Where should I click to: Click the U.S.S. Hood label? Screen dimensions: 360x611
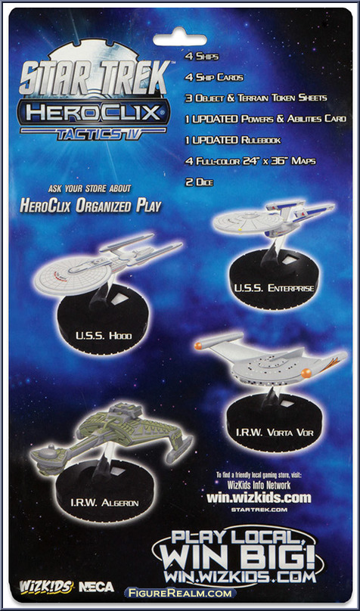click(x=104, y=334)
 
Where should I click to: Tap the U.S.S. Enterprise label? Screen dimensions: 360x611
click(x=275, y=288)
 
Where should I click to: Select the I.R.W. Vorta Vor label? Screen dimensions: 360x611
click(x=275, y=433)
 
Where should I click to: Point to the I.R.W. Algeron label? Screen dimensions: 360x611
click(x=104, y=503)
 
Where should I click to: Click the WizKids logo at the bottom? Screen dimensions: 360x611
click(x=46, y=587)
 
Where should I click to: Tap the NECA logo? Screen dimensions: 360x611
click(x=96, y=587)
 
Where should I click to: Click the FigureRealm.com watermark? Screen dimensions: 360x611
click(x=181, y=593)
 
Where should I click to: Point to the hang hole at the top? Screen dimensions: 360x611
click(x=180, y=39)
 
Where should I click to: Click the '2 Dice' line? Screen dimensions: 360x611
click(x=199, y=182)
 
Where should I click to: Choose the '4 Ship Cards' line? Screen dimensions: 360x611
click(x=214, y=77)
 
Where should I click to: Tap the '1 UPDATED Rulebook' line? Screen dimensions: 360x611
click(x=233, y=140)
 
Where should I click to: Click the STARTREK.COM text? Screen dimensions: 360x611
click(x=259, y=510)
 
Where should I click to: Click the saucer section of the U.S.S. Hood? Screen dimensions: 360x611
click(x=73, y=275)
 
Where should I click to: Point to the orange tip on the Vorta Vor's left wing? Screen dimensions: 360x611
click(x=199, y=346)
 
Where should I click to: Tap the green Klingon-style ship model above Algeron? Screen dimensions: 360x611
click(x=112, y=438)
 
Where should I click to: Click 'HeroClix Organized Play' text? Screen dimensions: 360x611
click(x=91, y=206)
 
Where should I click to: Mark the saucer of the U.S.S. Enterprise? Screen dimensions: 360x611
click(x=248, y=222)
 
